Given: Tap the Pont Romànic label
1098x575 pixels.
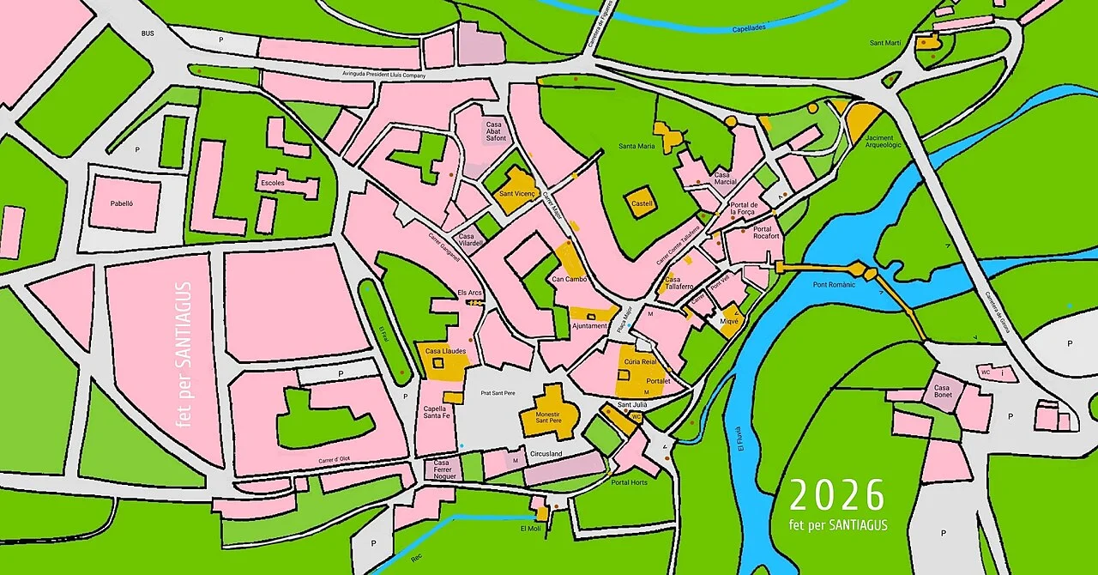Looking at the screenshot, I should pyautogui.click(x=835, y=284).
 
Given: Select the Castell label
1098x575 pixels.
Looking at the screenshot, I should pyautogui.click(x=642, y=203).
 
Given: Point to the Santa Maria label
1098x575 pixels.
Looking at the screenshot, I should pyautogui.click(x=636, y=147).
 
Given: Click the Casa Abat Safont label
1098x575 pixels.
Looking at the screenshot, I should pyautogui.click(x=496, y=130).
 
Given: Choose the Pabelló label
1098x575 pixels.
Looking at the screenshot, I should pyautogui.click(x=124, y=203).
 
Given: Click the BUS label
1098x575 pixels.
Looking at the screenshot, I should pyautogui.click(x=147, y=33).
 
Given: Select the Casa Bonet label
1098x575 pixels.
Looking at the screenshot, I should pyautogui.click(x=942, y=392).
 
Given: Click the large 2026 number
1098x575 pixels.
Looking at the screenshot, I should pyautogui.click(x=836, y=496).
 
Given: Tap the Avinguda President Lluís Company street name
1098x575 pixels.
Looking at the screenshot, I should pyautogui.click(x=383, y=76).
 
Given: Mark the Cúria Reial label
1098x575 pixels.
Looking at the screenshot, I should pyautogui.click(x=640, y=362).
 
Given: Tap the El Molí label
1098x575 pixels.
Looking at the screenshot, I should pyautogui.click(x=531, y=528).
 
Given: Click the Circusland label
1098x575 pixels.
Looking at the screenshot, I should pyautogui.click(x=546, y=453).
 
